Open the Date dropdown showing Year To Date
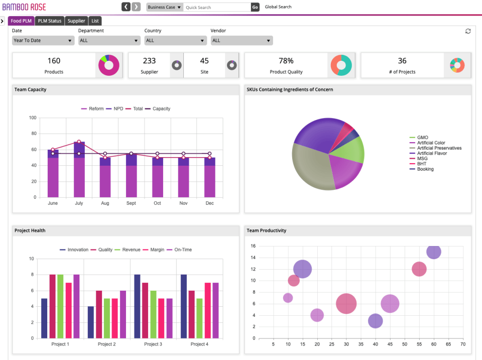click(43, 40)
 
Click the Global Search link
click(278, 7)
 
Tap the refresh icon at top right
click(468, 31)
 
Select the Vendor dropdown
click(242, 40)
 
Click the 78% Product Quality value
click(286, 61)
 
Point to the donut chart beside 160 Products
click(109, 65)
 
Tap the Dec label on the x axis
click(209, 203)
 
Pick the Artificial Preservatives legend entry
click(439, 148)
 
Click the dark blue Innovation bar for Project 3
click(137, 306)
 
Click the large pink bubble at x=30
click(346, 304)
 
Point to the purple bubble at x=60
click(434, 252)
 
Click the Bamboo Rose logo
click(24, 7)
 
